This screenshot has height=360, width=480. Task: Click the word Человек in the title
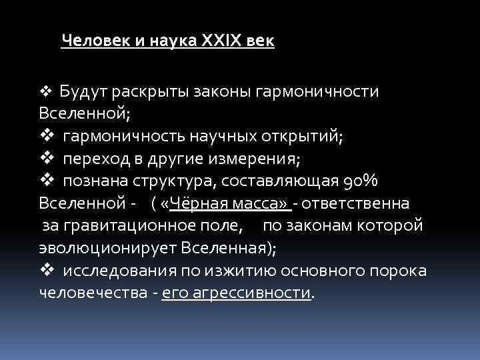(x=88, y=41)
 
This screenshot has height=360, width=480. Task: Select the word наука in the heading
(x=160, y=41)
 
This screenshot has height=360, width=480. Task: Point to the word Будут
(x=79, y=91)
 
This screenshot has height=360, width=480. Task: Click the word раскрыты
(x=145, y=91)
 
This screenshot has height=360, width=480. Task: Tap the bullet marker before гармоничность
(x=46, y=137)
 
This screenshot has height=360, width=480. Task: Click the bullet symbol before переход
(x=46, y=159)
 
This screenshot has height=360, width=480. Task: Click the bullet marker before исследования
(x=46, y=271)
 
